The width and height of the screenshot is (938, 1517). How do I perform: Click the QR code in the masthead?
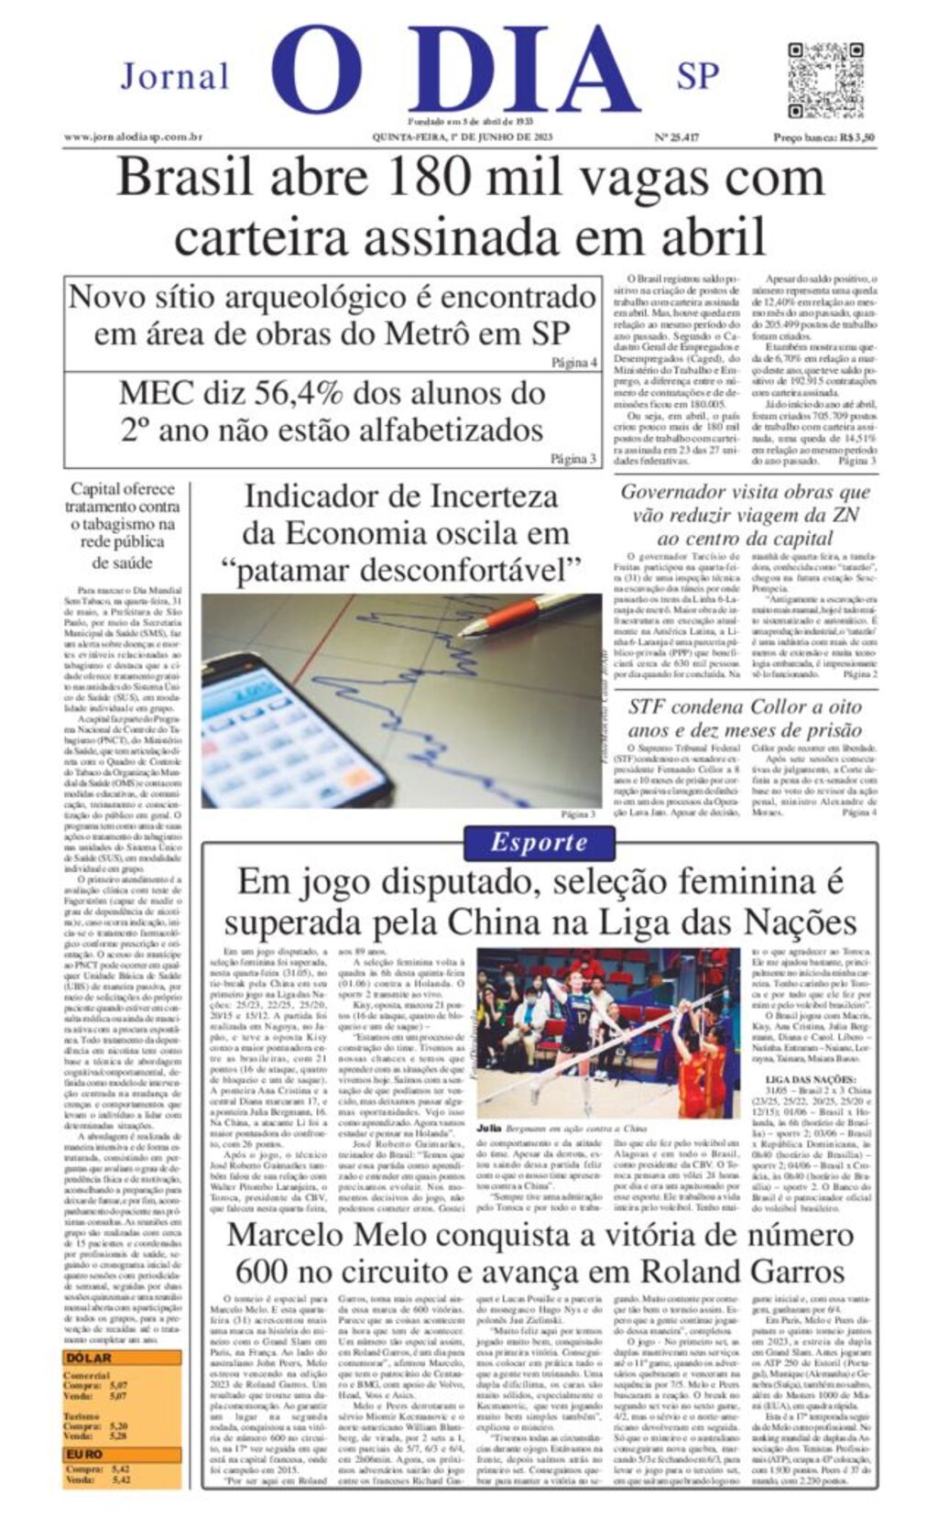[x=824, y=80]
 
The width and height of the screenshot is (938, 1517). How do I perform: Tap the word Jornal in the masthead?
[x=174, y=77]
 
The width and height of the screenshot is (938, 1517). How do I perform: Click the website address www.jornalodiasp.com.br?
[x=133, y=137]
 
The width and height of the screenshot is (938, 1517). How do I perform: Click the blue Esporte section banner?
[x=539, y=843]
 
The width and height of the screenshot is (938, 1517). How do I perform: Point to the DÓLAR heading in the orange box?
[x=88, y=1358]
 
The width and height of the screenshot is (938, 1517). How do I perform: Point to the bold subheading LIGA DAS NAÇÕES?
[x=810, y=1079]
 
